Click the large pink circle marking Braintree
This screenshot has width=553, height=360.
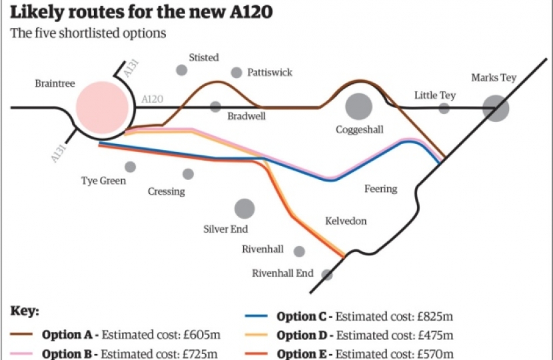(x=102, y=107)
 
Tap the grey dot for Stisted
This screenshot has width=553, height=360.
(x=181, y=70)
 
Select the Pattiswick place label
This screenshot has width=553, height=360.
(x=269, y=72)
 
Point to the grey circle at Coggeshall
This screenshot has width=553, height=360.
(x=358, y=107)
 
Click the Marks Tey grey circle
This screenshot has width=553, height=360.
(x=496, y=107)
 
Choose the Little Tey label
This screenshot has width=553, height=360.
(x=434, y=95)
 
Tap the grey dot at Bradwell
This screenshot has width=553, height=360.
(x=215, y=106)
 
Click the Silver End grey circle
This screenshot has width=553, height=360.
(x=245, y=209)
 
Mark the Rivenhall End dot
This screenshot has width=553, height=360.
(x=326, y=275)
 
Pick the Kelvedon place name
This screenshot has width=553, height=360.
(x=345, y=221)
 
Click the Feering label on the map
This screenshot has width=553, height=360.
(x=380, y=189)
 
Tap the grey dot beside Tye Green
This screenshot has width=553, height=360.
(x=130, y=167)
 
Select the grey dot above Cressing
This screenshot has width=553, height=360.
(x=188, y=174)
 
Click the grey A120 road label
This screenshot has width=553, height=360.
(x=152, y=99)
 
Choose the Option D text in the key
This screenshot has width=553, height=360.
(x=304, y=335)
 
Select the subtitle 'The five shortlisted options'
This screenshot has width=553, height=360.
(x=87, y=33)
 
